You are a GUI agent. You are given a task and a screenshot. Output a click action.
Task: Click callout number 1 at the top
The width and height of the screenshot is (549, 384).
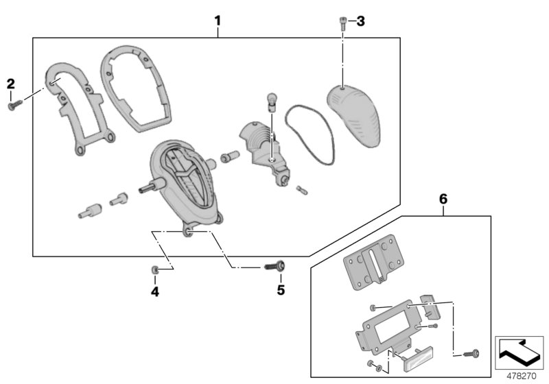[218, 21]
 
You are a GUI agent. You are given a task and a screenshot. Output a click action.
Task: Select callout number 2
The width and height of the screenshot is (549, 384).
[10, 84]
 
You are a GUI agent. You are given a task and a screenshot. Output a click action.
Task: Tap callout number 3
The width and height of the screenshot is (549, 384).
[360, 21]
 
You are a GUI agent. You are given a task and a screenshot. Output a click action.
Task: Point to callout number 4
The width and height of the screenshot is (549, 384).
[155, 290]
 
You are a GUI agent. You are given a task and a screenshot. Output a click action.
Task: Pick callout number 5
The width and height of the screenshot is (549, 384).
[280, 290]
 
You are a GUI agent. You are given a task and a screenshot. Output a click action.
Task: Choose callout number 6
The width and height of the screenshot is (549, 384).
[443, 199]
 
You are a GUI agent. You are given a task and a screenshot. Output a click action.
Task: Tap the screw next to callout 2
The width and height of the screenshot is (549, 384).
[14, 105]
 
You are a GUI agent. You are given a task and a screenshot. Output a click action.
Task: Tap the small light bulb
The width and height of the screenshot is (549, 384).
[270, 101]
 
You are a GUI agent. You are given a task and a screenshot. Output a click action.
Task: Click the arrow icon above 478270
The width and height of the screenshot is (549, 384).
[519, 352]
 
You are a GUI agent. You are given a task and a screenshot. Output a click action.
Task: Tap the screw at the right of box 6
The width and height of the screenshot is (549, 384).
[472, 354]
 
